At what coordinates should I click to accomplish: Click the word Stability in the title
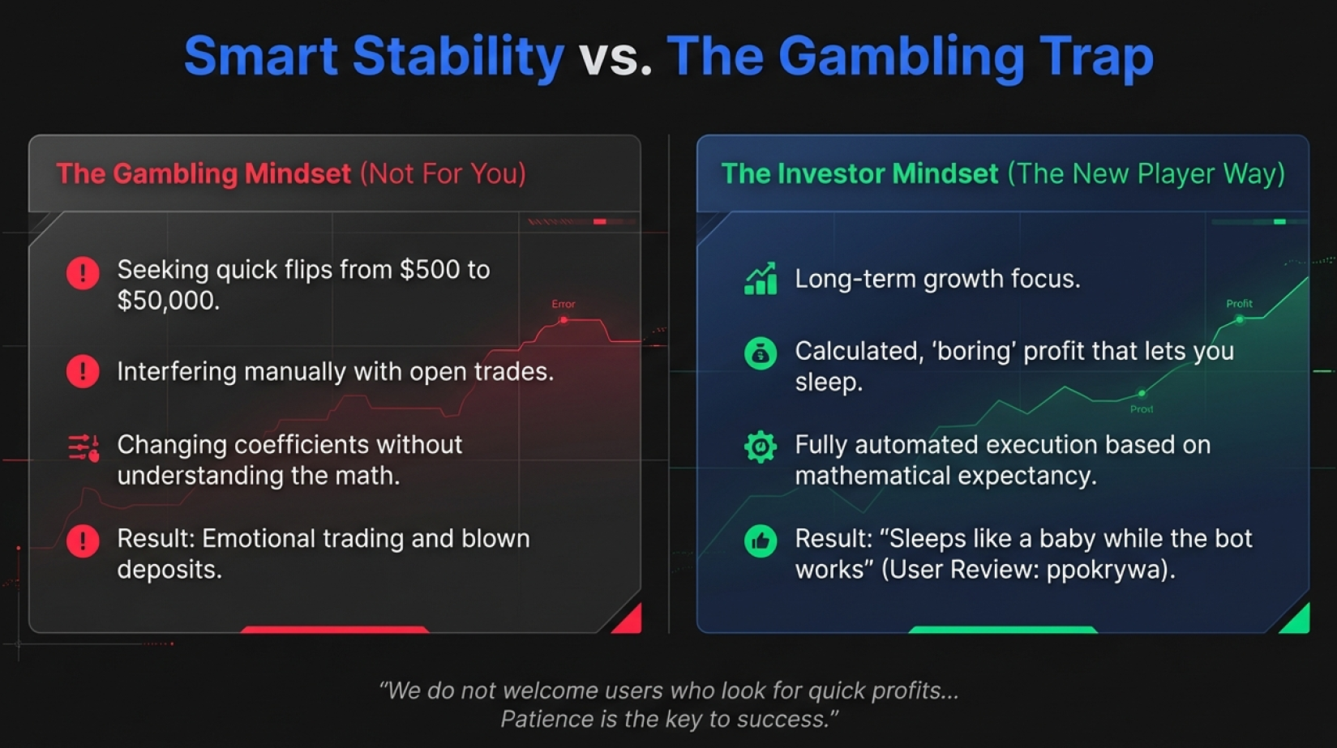click(458, 58)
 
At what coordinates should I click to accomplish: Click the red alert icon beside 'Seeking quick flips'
click(83, 273)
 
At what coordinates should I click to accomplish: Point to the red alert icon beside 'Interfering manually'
click(83, 371)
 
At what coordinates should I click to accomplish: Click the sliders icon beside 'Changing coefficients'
click(84, 447)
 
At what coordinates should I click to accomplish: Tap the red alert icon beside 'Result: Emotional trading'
click(83, 541)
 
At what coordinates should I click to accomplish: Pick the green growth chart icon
click(761, 279)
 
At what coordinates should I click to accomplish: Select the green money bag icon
click(761, 353)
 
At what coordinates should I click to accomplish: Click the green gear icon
click(761, 447)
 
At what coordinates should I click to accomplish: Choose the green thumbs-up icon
click(761, 541)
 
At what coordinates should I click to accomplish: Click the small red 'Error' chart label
click(564, 304)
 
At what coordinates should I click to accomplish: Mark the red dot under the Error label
click(564, 320)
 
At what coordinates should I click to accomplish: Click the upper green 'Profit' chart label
click(1239, 304)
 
